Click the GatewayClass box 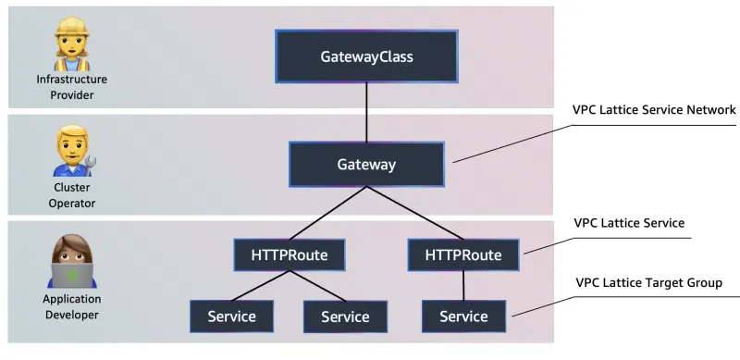(366, 56)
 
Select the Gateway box (366, 165)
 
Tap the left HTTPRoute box (290, 254)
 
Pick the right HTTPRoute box (462, 254)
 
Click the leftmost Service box (231, 317)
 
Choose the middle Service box (345, 317)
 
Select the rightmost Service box (463, 317)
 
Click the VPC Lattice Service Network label (654, 109)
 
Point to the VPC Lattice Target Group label (648, 282)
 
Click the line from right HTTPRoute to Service (463, 286)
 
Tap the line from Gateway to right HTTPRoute (414, 213)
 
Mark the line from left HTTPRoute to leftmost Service (261, 286)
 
